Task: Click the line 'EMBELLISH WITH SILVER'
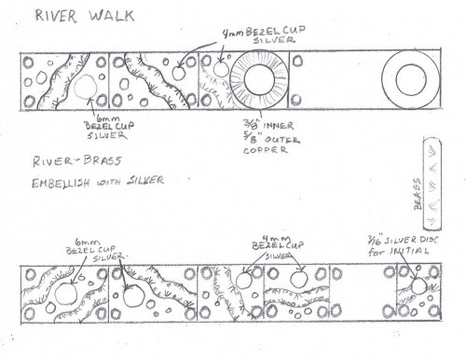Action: (86, 181)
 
